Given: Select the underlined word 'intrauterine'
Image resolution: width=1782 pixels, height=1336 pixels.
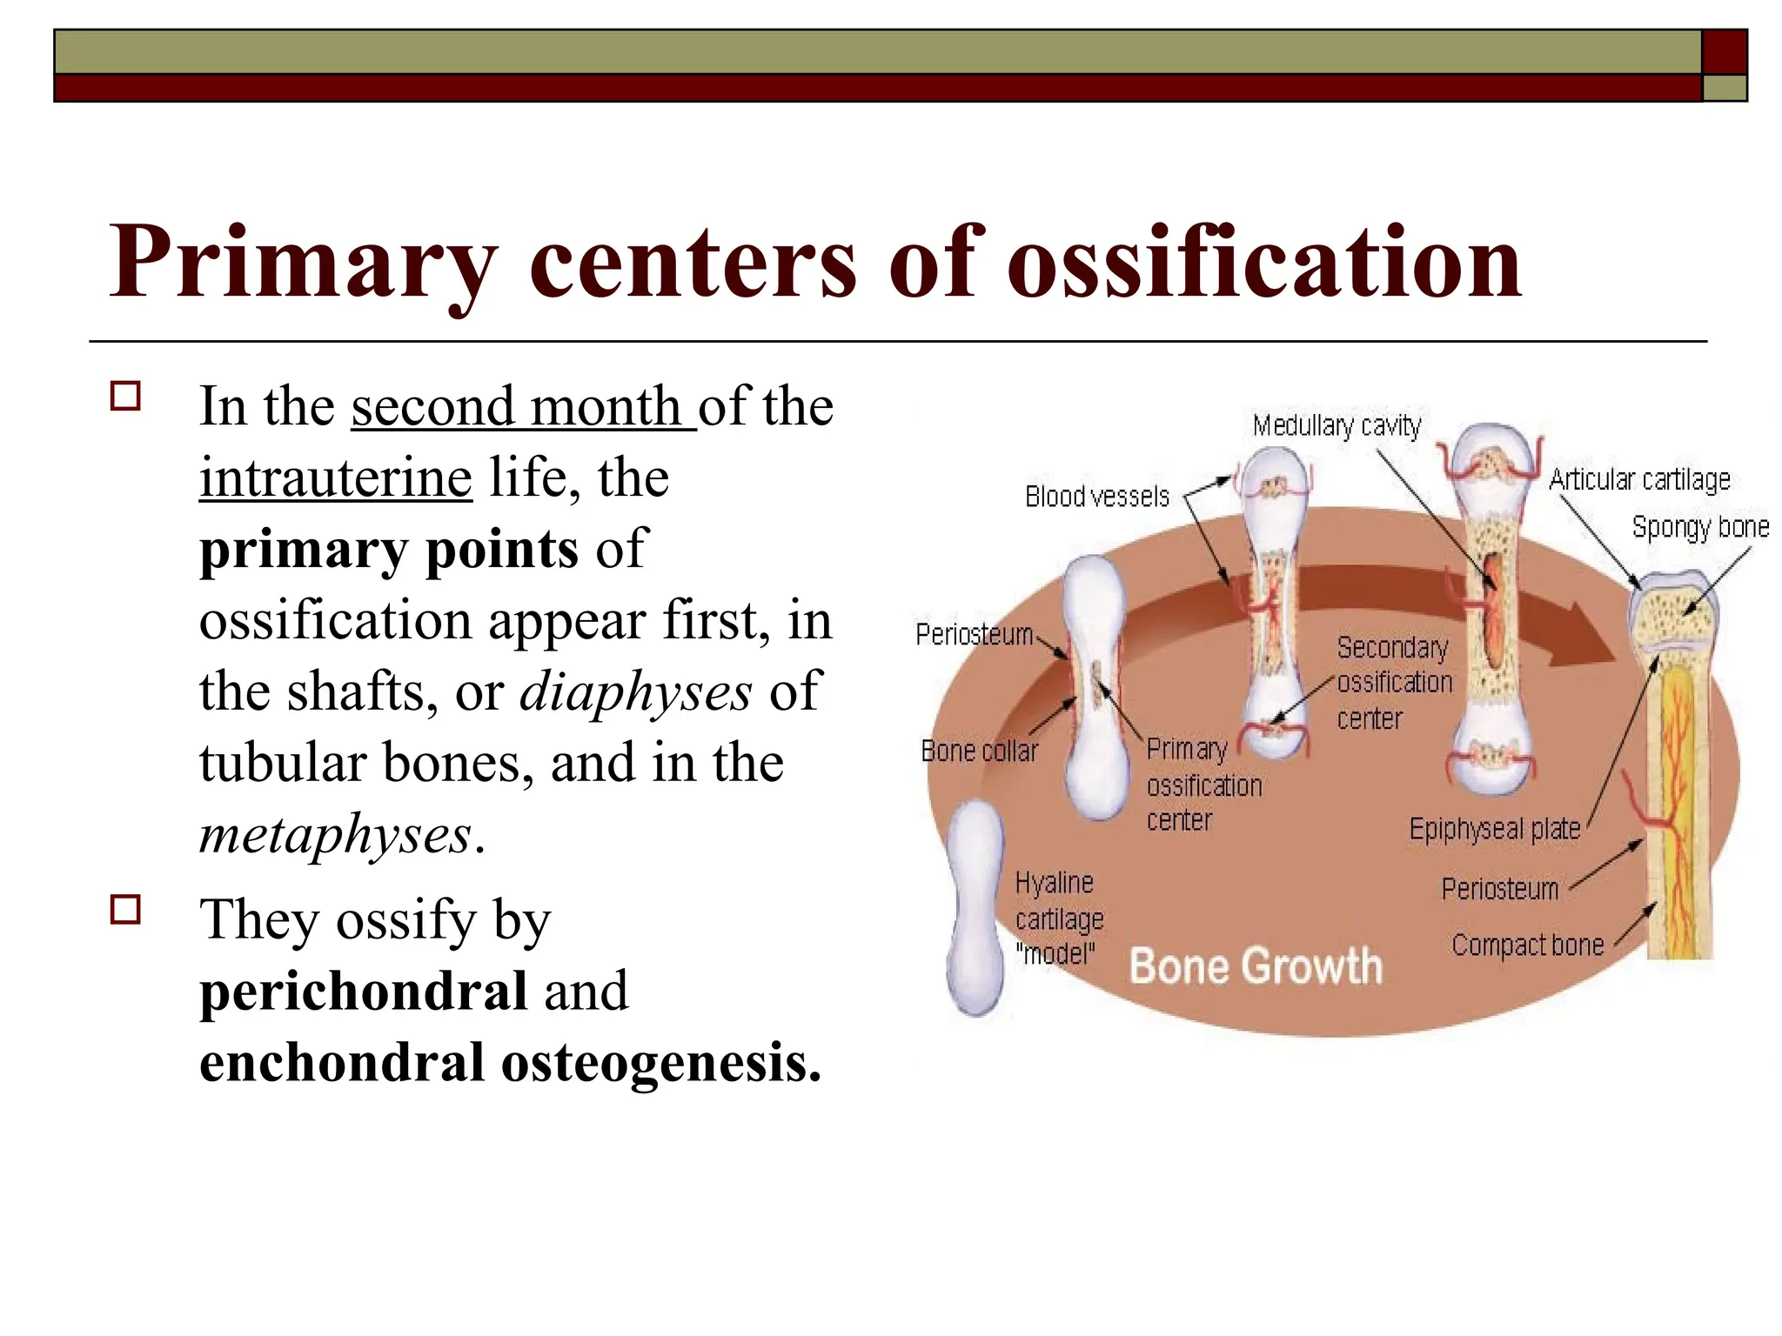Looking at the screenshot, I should [x=336, y=478].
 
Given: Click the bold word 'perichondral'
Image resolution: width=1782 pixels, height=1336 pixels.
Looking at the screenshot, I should [x=363, y=991].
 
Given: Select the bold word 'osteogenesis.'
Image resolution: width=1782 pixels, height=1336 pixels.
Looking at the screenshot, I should [x=661, y=1062].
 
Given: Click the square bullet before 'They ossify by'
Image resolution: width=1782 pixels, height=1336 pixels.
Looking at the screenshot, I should [x=126, y=911].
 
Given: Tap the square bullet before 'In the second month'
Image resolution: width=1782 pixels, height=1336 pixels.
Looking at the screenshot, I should [x=126, y=397].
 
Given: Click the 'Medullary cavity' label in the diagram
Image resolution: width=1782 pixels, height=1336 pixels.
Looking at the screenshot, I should [x=1336, y=426].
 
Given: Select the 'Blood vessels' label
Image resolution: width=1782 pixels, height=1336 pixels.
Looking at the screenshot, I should [x=1096, y=497].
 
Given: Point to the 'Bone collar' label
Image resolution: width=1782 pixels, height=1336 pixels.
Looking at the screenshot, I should [x=979, y=751].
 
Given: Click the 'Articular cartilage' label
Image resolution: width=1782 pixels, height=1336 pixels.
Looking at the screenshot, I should [x=1639, y=479].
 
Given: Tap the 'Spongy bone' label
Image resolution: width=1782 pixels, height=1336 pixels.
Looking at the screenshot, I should [x=1700, y=527].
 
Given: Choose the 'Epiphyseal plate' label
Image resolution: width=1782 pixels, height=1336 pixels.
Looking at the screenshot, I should [x=1494, y=829].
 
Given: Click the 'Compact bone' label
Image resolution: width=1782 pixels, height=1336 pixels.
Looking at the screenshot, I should [x=1527, y=945].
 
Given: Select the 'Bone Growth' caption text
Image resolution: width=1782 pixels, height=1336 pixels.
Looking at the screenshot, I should [x=1255, y=966].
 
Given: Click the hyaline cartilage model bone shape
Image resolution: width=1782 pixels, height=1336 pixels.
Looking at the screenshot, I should [x=976, y=905].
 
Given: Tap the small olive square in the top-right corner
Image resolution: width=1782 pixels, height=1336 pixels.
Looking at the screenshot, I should [x=1724, y=88].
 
